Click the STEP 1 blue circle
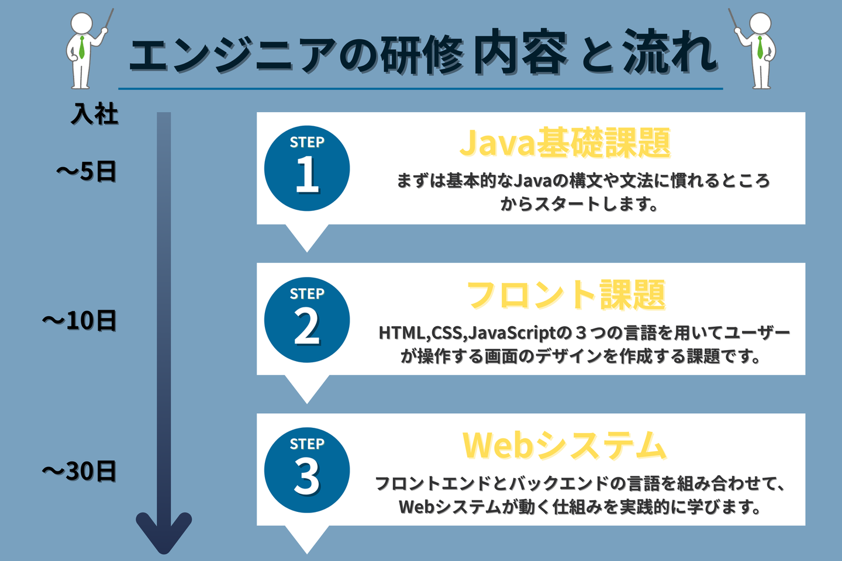click(x=307, y=168)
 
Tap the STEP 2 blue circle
click(x=307, y=320)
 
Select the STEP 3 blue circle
click(x=307, y=470)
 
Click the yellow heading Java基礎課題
click(x=565, y=143)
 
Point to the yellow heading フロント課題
click(x=566, y=295)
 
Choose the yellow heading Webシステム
click(x=564, y=445)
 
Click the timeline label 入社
click(x=95, y=113)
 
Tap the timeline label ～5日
click(x=87, y=171)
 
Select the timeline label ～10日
click(x=80, y=320)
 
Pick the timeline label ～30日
click(x=80, y=471)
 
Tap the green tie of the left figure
click(x=82, y=48)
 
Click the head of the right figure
click(x=760, y=24)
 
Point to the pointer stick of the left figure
click(x=108, y=19)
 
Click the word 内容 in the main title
click(x=520, y=53)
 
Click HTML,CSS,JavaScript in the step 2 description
click(x=467, y=333)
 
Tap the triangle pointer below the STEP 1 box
click(x=307, y=237)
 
